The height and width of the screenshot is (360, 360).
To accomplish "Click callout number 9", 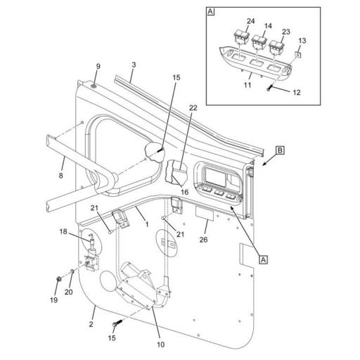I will (x=98, y=67).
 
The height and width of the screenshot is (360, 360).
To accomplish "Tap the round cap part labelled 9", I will (x=94, y=85).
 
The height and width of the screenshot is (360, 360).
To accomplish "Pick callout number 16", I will (x=185, y=191).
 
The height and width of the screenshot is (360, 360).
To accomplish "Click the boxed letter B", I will (x=279, y=150).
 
